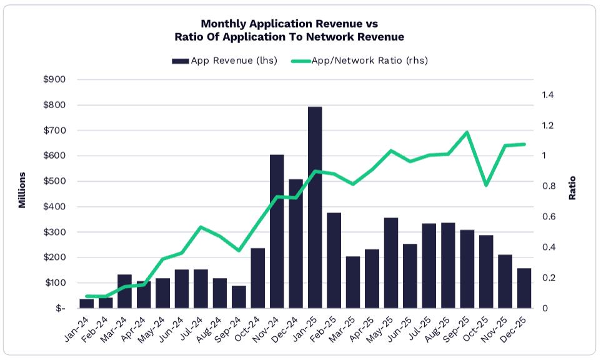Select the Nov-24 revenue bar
(277, 231)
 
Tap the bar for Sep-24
(239, 297)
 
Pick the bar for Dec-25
(524, 288)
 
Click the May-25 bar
(391, 262)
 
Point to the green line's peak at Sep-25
(467, 132)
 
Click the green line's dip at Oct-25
(486, 185)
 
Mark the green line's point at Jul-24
(201, 227)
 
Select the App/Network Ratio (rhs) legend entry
(361, 61)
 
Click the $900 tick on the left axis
(54, 79)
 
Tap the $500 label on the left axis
(54, 181)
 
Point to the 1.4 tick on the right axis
(548, 95)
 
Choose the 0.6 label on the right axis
(548, 217)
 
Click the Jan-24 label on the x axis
(76, 329)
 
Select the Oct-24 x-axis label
(247, 329)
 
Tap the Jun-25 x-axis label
(400, 329)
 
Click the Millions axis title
(22, 189)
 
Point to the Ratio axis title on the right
(573, 187)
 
